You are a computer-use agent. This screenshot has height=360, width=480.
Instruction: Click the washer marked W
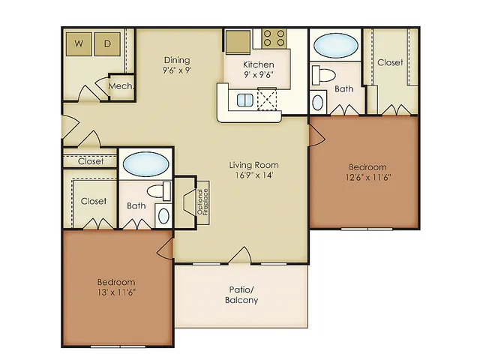pos(79,44)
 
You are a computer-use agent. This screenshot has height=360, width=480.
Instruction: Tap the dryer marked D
pos(107,44)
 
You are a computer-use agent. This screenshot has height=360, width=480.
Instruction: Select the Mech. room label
pos(121,86)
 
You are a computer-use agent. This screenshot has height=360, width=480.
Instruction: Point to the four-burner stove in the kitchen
pos(274,38)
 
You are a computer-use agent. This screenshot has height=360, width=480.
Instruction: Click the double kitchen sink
pos(245,100)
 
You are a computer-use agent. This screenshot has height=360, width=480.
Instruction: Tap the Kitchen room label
pos(258,64)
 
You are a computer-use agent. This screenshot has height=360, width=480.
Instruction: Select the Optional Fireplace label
pos(202,202)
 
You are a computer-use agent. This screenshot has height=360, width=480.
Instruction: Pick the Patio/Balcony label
pos(241,295)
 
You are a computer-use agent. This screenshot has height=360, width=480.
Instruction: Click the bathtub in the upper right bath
pos(336,45)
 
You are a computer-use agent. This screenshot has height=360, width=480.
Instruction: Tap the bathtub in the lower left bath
pos(145,164)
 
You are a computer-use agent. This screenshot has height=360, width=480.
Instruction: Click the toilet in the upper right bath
pos(323,75)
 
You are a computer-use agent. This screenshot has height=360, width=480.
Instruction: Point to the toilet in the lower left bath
pos(159,191)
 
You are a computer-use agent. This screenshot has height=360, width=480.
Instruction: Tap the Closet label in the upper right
pos(390,63)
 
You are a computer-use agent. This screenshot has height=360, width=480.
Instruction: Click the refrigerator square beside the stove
pos(238,42)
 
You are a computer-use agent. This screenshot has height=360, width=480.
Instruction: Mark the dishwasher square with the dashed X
pos(267,99)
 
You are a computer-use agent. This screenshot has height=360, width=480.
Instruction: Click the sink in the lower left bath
pos(163,216)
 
